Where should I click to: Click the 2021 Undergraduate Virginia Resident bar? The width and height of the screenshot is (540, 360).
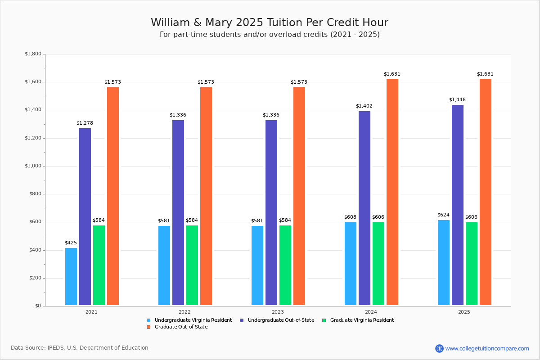(x=71, y=276)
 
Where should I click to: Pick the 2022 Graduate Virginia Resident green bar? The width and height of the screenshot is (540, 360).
(x=192, y=265)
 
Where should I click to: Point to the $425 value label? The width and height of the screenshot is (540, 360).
(x=71, y=243)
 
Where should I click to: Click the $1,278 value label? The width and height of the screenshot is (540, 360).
(x=85, y=123)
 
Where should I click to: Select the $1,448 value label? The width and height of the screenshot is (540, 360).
(x=457, y=100)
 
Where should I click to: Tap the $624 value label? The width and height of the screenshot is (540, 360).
(x=443, y=215)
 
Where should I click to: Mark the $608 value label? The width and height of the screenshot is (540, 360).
(x=350, y=217)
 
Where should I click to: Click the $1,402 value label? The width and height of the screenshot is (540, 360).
(x=364, y=106)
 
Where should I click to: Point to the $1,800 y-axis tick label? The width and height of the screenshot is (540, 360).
(x=33, y=54)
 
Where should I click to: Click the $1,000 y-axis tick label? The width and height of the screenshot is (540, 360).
(x=33, y=166)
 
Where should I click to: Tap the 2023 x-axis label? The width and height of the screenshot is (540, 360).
(x=278, y=312)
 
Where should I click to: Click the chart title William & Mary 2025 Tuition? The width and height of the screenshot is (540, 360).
(x=269, y=23)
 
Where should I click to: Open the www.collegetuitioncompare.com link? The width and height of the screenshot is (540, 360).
(x=487, y=348)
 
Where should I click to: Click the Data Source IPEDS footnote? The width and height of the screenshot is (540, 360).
(x=80, y=348)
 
